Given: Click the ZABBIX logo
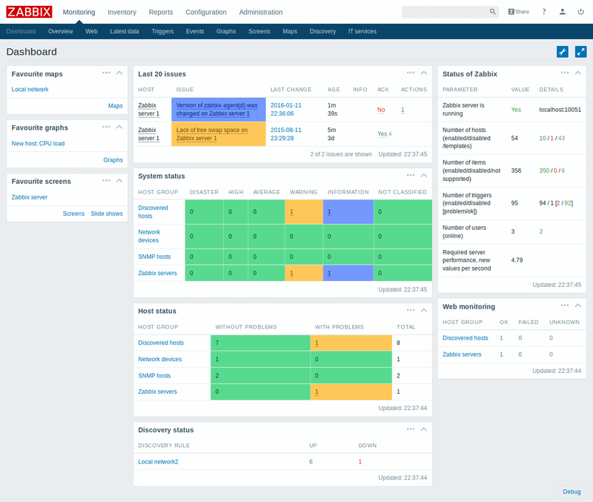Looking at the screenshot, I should pyautogui.click(x=29, y=12).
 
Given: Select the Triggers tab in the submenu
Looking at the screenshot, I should pyautogui.click(x=162, y=32).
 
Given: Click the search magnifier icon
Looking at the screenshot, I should pyautogui.click(x=493, y=12).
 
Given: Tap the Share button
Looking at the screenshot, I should pyautogui.click(x=519, y=12).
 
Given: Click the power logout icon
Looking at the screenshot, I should pyautogui.click(x=580, y=12).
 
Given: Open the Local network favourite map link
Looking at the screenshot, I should pyautogui.click(x=30, y=89).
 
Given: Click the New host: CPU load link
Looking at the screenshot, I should pyautogui.click(x=38, y=143).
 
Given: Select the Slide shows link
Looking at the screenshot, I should pyautogui.click(x=107, y=214).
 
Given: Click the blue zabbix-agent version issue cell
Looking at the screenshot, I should pyautogui.click(x=216, y=109).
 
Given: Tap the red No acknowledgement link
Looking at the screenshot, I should pyautogui.click(x=381, y=109).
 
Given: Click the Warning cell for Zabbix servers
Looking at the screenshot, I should pyautogui.click(x=304, y=274).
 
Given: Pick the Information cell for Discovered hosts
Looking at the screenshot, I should pyautogui.click(x=348, y=211).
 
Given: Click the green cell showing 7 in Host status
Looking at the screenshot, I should pyautogui.click(x=260, y=343).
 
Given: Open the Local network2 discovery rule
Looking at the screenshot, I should pyautogui.click(x=158, y=461).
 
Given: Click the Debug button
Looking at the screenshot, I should pyautogui.click(x=572, y=492).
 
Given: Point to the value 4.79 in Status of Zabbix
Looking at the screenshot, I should pyautogui.click(x=517, y=260).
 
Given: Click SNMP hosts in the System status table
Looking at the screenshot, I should pyautogui.click(x=154, y=257).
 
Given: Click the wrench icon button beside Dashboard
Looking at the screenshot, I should pyautogui.click(x=563, y=52).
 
